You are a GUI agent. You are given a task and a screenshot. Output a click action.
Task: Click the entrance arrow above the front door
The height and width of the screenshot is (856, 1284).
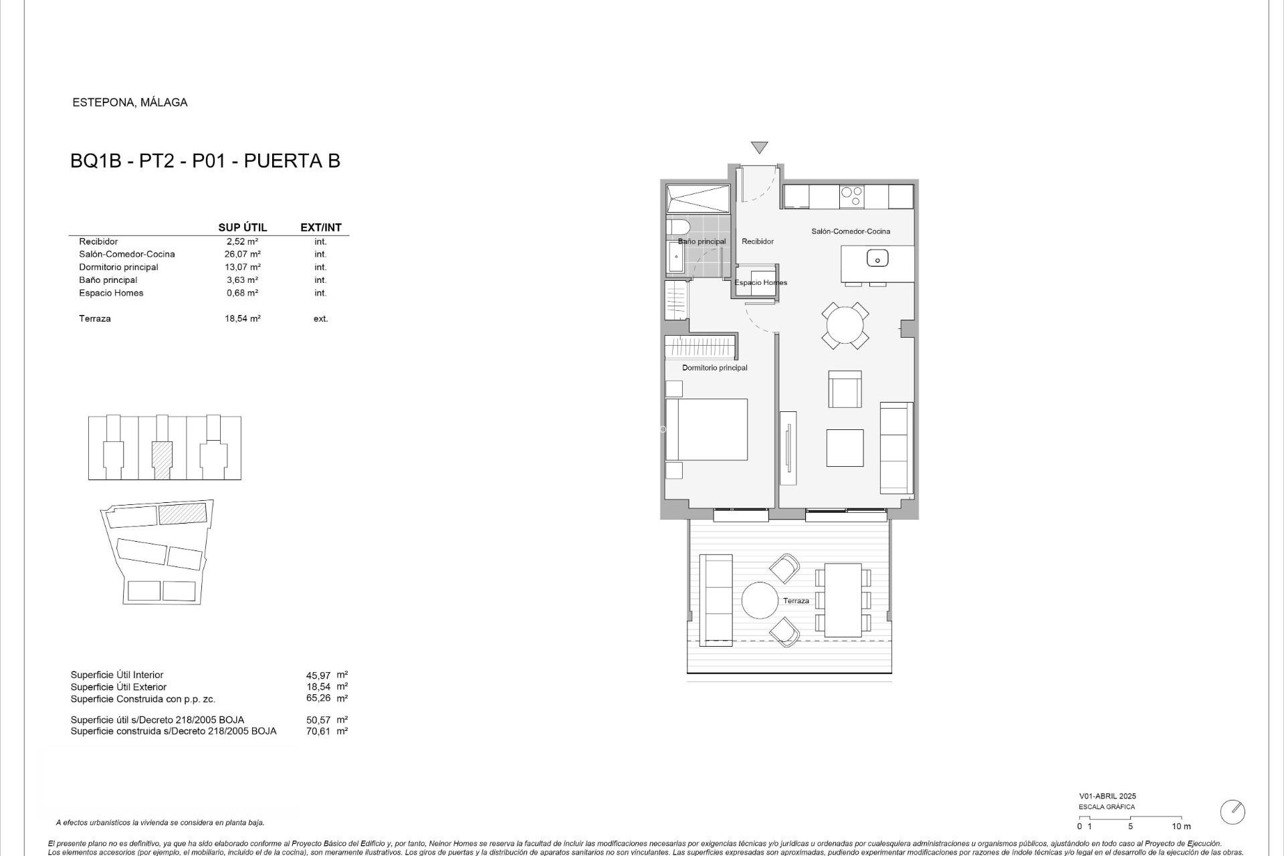point(759,147)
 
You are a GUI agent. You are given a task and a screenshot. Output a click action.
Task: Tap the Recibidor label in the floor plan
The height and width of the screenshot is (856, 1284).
point(758,241)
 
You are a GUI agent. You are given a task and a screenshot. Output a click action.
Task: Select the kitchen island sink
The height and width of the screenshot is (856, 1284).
point(877,257)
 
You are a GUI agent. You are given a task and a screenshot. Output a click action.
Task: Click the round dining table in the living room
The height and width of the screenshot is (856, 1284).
point(845,326)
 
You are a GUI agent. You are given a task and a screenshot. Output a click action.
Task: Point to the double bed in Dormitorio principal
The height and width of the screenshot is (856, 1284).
point(707,429)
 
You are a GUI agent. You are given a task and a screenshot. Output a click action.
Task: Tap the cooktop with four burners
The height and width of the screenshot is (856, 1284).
point(851,196)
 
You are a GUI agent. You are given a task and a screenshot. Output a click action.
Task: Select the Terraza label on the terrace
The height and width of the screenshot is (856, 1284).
point(796,601)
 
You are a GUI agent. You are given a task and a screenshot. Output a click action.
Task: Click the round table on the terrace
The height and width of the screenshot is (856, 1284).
point(760,601)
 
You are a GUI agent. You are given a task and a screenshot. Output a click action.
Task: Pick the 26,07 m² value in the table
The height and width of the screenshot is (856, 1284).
point(242,254)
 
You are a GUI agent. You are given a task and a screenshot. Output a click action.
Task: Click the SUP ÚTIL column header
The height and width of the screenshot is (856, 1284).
point(242,227)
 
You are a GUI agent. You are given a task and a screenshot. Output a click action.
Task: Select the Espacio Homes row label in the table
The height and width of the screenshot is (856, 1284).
point(111,293)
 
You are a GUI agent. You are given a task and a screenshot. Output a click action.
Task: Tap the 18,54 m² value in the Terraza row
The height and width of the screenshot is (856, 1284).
point(242,319)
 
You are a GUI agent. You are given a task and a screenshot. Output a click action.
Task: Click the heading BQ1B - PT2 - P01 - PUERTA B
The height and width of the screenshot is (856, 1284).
point(205,161)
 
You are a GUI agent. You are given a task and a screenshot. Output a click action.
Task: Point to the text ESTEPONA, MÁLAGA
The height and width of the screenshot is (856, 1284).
point(130,102)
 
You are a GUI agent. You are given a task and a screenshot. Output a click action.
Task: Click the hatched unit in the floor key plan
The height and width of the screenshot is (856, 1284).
point(162,459)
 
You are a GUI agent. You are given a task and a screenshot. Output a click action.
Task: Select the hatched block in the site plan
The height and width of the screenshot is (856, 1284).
point(182,514)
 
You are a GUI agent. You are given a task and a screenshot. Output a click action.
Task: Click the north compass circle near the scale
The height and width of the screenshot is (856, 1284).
point(1233,812)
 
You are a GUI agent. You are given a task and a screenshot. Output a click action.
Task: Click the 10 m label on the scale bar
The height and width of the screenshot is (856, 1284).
point(1181,827)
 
